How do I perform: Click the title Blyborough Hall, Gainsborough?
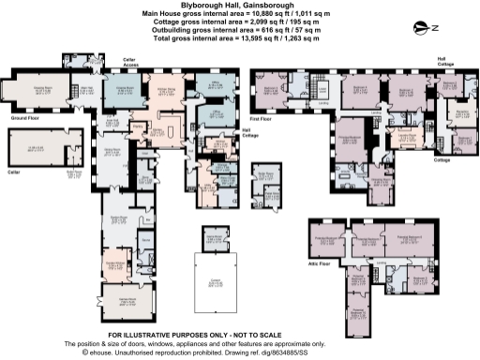click(x=239, y=5)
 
